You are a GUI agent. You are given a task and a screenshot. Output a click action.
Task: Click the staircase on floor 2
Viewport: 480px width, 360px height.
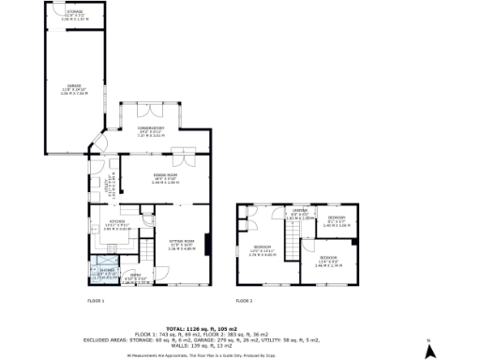(x=293, y=247)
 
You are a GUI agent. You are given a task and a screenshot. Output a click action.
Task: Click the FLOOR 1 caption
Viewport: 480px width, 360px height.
(x=96, y=300)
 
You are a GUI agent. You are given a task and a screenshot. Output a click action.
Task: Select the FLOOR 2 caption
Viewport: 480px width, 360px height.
(x=245, y=300)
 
